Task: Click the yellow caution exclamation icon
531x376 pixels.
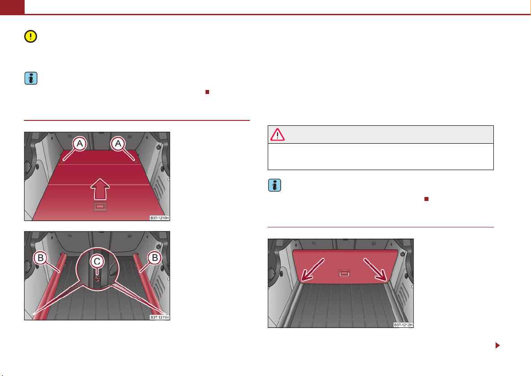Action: click(x=30, y=36)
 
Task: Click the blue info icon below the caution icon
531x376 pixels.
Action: click(x=31, y=78)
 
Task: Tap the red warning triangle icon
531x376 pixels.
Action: click(x=277, y=134)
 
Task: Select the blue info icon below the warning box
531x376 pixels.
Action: click(x=274, y=185)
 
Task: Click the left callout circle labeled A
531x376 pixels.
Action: click(x=80, y=144)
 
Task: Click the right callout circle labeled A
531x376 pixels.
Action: click(x=118, y=144)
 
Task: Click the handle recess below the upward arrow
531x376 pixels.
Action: click(x=100, y=206)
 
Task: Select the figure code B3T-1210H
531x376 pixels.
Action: click(x=159, y=218)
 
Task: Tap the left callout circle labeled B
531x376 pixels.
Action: click(x=40, y=258)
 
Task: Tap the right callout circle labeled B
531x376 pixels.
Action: click(x=155, y=258)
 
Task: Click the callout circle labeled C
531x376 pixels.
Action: click(x=97, y=261)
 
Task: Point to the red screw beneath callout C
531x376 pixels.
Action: click(x=97, y=278)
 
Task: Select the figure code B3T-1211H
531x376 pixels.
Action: click(x=159, y=317)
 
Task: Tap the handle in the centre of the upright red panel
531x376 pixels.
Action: click(x=344, y=273)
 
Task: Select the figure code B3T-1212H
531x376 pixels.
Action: click(x=403, y=325)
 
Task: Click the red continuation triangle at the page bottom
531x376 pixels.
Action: click(x=497, y=345)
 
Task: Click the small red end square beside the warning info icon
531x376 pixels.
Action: click(x=426, y=199)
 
